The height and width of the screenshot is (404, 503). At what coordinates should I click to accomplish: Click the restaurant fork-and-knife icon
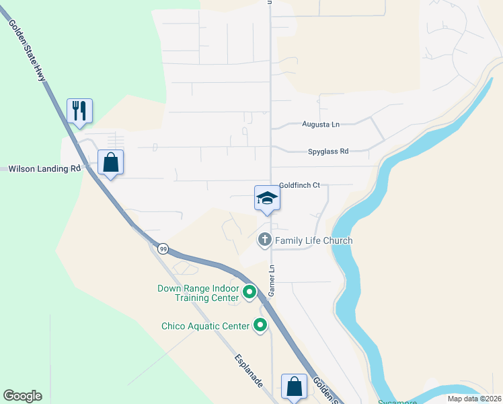[x=79, y=110]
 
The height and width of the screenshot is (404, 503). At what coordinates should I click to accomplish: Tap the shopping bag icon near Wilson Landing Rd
[x=110, y=162]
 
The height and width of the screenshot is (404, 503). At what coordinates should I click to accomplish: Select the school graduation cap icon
[x=267, y=198]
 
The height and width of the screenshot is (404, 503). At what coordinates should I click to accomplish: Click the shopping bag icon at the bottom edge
[x=294, y=386]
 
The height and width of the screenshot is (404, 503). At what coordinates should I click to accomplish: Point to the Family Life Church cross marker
[x=265, y=239]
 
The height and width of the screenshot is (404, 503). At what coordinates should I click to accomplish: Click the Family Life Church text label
[x=313, y=240]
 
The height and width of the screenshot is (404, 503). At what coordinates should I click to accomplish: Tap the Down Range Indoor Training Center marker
[x=249, y=292]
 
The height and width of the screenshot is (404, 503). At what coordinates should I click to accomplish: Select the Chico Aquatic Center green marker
[x=260, y=326]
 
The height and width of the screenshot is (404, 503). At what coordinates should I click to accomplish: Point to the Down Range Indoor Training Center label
[x=198, y=293]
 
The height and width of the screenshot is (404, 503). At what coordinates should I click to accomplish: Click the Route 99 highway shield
[x=163, y=249]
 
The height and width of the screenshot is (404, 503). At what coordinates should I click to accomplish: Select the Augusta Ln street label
[x=321, y=125]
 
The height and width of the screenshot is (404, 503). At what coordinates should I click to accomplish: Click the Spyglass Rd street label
[x=328, y=151]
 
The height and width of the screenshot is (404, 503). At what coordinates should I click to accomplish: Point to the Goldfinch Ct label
[x=299, y=185]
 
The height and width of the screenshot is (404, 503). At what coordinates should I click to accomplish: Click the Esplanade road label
[x=248, y=370]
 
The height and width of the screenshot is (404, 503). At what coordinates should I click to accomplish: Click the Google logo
[x=22, y=396]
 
